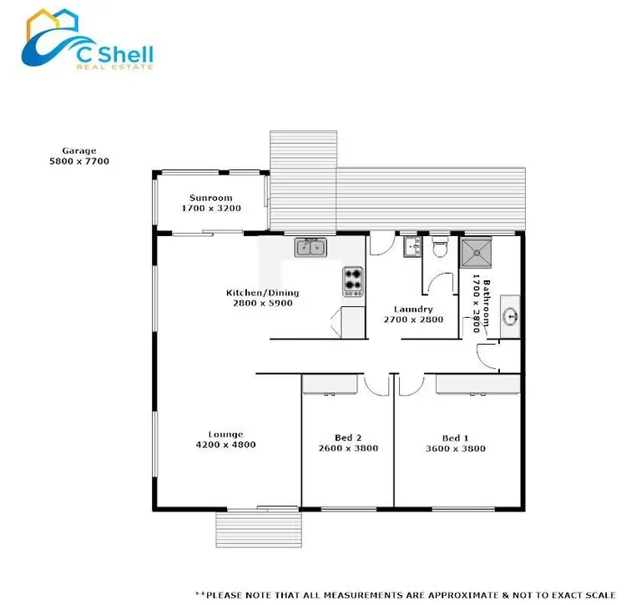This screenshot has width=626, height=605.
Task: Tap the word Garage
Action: tap(79, 151)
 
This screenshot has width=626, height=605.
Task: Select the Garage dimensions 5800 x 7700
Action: tap(79, 161)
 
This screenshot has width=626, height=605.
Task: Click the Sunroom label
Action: tap(210, 198)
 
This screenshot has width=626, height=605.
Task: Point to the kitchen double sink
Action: tap(313, 246)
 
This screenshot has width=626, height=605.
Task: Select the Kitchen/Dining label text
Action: tap(262, 293)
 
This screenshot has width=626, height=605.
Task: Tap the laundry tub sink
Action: tap(411, 246)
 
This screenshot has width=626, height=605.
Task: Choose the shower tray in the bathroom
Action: tap(477, 250)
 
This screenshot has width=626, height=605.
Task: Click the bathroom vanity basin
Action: tap(511, 316)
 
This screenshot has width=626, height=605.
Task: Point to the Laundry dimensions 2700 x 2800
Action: tap(413, 320)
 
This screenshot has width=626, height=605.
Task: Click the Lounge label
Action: tap(225, 434)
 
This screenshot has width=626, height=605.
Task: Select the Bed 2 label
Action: tap(348, 438)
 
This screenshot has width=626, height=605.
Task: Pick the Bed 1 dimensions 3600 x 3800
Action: tap(456, 448)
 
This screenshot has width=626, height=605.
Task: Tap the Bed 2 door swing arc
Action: tap(373, 385)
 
